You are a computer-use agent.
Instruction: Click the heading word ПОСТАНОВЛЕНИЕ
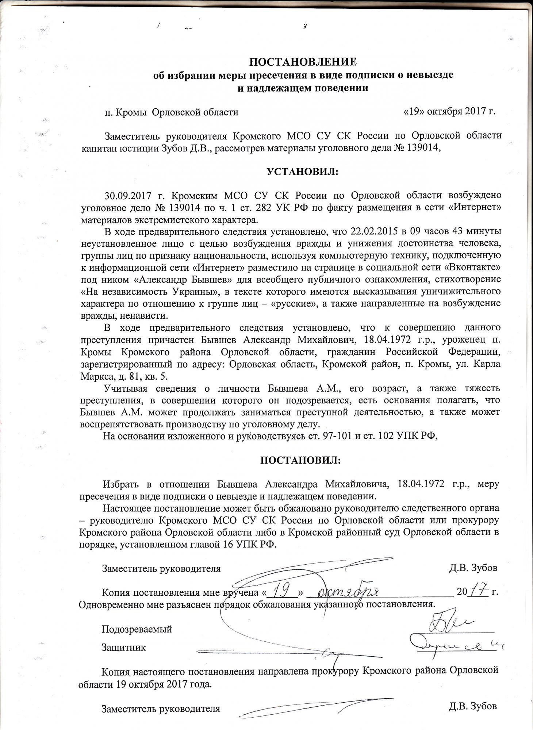[x=303, y=62]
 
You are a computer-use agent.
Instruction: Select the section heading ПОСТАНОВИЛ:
[x=300, y=460]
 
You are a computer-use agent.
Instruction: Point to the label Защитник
[x=123, y=648]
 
